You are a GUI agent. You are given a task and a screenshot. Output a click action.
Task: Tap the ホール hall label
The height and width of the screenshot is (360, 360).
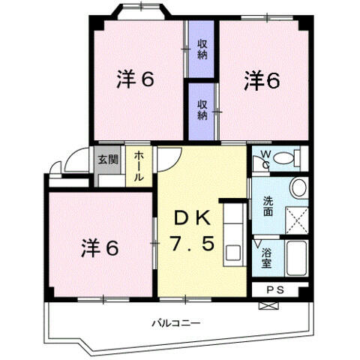pyautogui.click(x=139, y=166)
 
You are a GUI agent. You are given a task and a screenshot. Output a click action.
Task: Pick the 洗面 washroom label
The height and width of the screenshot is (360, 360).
pyautogui.click(x=268, y=205)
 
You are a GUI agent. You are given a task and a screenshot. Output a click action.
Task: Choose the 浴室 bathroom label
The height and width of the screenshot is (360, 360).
pyautogui.click(x=267, y=259)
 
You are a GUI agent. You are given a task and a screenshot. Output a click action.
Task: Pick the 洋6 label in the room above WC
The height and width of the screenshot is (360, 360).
pyautogui.click(x=262, y=80)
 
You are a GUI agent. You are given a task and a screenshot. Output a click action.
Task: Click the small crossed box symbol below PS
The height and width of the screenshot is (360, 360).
pyautogui.click(x=268, y=305)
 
